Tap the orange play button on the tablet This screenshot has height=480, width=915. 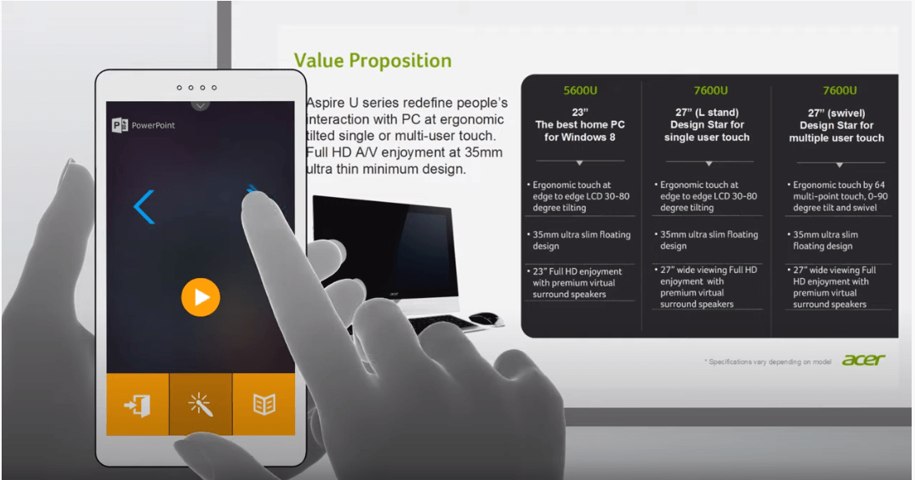click(x=201, y=297)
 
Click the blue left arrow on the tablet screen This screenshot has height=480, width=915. click(x=144, y=206)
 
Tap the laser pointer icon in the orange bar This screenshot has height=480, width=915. click(x=201, y=404)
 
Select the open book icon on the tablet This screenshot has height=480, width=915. click(x=264, y=404)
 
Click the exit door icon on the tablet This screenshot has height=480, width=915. click(x=138, y=405)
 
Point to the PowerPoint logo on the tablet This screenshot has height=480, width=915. click(x=119, y=125)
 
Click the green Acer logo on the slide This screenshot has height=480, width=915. click(x=864, y=360)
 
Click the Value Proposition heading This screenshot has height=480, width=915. click(x=373, y=61)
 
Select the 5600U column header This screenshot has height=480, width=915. click(x=580, y=90)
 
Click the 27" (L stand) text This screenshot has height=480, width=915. click(x=707, y=113)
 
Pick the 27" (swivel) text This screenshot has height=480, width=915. click(x=836, y=114)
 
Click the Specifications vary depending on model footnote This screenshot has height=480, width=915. click(x=767, y=362)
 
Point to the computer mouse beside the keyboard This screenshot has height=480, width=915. click(x=485, y=318)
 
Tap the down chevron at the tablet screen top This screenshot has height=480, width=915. click(x=201, y=105)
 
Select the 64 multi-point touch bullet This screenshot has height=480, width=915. click(x=839, y=196)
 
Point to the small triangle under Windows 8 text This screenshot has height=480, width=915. click(x=579, y=163)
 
